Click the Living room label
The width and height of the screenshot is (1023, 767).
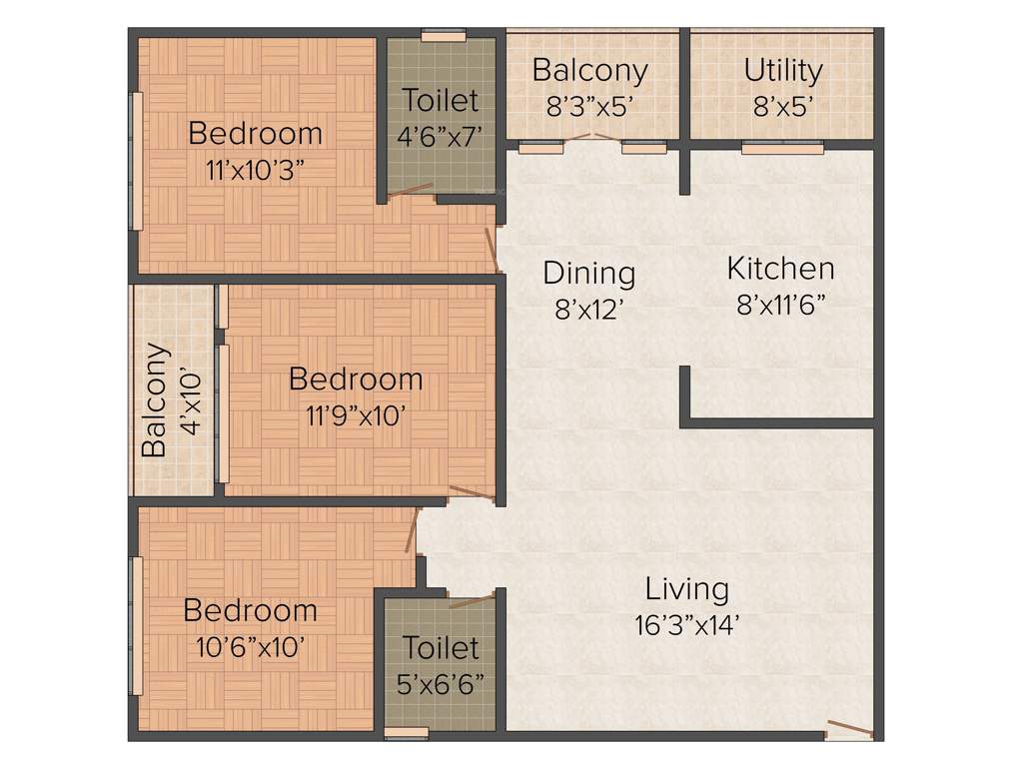tap(686, 588)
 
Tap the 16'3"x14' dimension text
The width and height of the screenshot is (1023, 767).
tap(686, 626)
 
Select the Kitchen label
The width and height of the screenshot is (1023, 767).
tap(780, 268)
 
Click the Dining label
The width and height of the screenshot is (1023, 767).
tap(589, 272)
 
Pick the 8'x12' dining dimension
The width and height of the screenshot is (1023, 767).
tap(589, 311)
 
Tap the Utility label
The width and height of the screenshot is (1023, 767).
tap(783, 70)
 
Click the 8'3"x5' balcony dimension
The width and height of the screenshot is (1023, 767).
tap(589, 107)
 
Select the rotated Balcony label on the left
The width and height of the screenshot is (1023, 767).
tap(154, 399)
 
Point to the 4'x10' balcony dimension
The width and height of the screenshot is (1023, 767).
tap(190, 399)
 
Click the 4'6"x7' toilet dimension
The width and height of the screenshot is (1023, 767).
tap(441, 137)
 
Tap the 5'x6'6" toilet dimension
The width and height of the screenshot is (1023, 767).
tap(441, 685)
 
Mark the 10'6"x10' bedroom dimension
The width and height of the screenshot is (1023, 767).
tap(250, 647)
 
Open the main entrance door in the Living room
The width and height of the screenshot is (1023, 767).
tap(849, 730)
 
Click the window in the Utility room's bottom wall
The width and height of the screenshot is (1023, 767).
tap(782, 149)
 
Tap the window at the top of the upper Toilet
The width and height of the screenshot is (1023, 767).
tap(443, 37)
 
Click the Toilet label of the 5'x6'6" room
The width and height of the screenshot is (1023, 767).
tap(441, 647)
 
